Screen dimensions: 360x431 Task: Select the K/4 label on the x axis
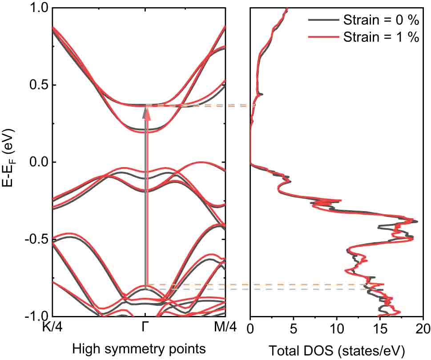52,328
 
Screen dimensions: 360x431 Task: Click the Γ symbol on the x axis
145,328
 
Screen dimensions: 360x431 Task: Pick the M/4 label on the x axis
225,328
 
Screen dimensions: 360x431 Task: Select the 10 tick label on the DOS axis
337,328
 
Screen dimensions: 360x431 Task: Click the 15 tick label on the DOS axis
380,328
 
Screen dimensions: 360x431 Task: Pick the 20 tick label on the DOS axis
423,328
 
